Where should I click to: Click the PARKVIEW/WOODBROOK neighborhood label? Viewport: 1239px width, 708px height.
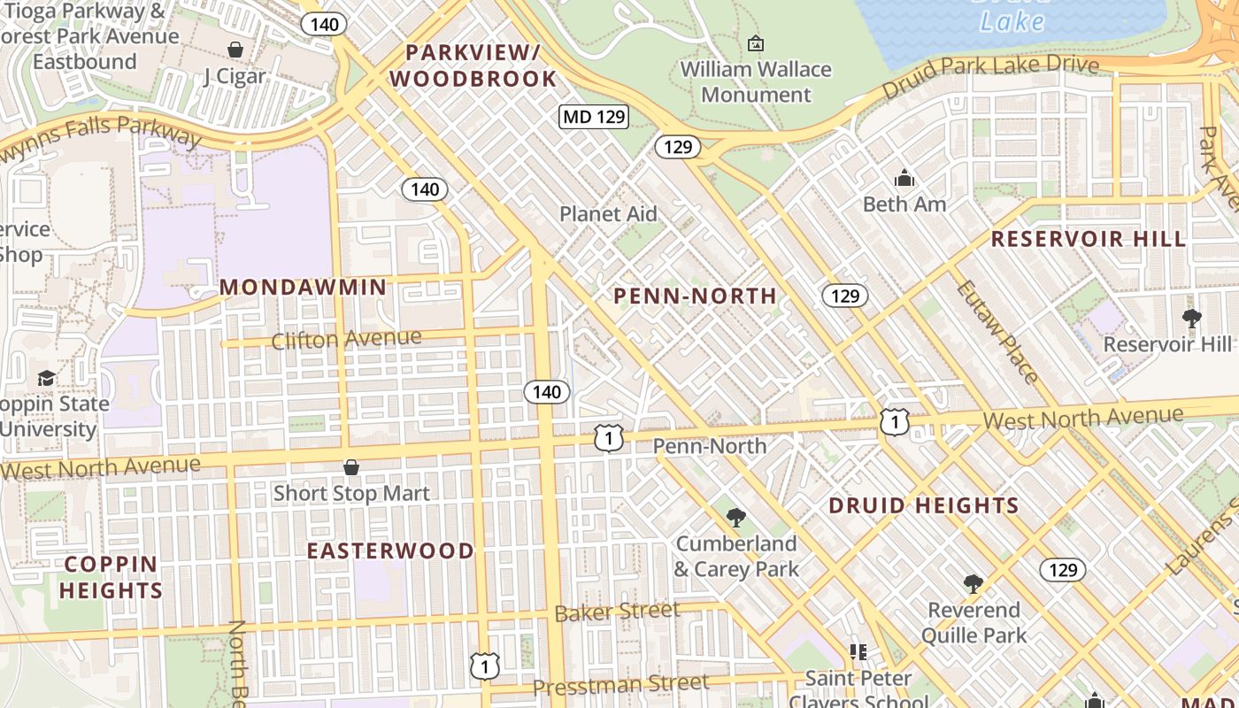(x=473, y=65)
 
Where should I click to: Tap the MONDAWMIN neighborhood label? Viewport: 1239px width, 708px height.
(x=304, y=287)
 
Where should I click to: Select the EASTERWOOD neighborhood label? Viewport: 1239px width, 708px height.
(x=390, y=550)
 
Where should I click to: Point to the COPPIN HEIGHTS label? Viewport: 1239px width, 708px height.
(x=112, y=577)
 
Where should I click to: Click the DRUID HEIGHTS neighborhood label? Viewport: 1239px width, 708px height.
(x=924, y=506)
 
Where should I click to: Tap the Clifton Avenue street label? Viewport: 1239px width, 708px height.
(x=346, y=339)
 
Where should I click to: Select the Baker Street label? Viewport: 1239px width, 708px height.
(x=617, y=611)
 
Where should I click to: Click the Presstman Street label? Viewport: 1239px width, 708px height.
(x=620, y=683)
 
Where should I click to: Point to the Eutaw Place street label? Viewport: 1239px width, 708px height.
(x=997, y=331)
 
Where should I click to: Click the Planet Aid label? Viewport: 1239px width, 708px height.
(x=609, y=213)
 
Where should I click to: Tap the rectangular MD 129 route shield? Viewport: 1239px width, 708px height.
(x=594, y=116)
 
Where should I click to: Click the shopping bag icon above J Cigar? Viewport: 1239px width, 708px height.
(x=235, y=50)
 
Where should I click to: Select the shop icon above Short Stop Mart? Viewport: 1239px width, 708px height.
(x=351, y=467)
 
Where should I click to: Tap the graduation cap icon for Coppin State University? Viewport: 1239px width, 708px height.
(x=46, y=379)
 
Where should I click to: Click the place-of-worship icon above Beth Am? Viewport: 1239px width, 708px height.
(x=904, y=179)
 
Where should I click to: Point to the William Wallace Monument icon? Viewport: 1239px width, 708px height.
(x=756, y=42)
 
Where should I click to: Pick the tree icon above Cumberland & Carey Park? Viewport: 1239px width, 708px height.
(x=735, y=517)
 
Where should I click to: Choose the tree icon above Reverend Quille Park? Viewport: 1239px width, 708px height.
(x=973, y=583)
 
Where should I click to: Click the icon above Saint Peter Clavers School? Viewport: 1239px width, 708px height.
(x=858, y=652)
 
